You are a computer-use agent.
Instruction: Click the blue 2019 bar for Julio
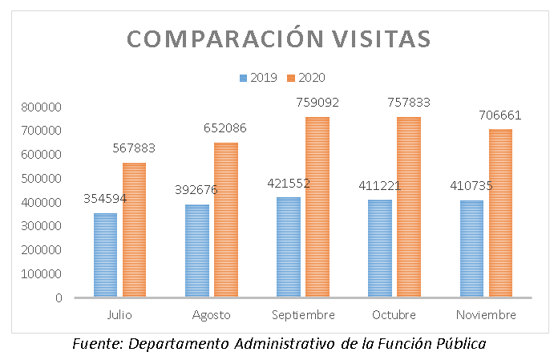pyautogui.click(x=105, y=255)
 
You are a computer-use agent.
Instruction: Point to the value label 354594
pyautogui.click(x=105, y=199)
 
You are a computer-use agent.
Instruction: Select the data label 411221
pyautogui.click(x=380, y=186)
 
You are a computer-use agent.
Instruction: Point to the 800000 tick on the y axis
pyautogui.click(x=46, y=107)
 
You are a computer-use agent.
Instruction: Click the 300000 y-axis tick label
pyautogui.click(x=46, y=226)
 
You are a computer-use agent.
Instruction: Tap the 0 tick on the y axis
pyautogui.click(x=59, y=298)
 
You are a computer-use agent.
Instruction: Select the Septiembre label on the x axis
pyautogui.click(x=302, y=314)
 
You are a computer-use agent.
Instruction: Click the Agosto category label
pyautogui.click(x=211, y=314)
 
